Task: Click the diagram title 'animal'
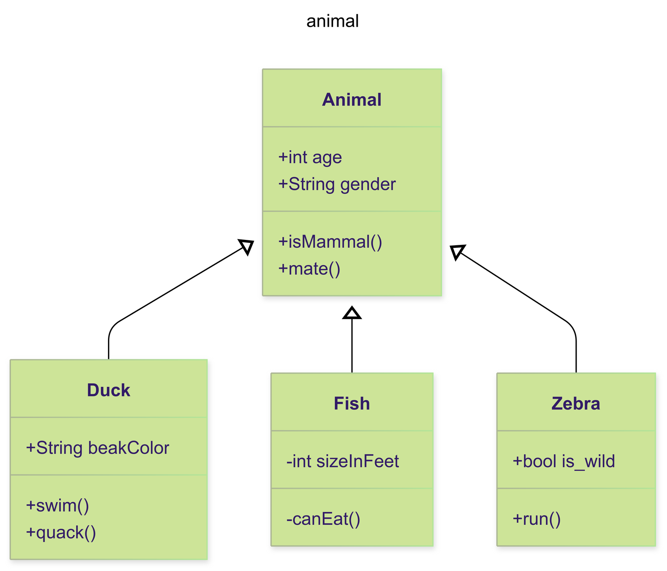pos(332,21)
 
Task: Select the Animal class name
pos(351,100)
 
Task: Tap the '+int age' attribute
pos(310,157)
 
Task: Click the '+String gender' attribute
pos(337,184)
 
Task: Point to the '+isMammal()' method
pos(330,242)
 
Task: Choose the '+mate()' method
pos(309,269)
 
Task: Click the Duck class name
pos(108,390)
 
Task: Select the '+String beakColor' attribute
pos(98,448)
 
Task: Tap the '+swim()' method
pos(58,506)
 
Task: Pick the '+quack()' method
pos(61,533)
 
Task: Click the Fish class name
pos(352,404)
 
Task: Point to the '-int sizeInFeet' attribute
pos(343,461)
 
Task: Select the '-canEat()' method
pos(323,519)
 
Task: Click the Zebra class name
pos(576,404)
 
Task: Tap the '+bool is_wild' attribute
pos(564,461)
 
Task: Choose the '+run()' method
pos(537,519)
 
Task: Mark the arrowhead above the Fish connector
pos(352,313)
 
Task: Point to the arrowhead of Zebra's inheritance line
pos(456,251)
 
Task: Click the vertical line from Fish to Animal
pos(352,346)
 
